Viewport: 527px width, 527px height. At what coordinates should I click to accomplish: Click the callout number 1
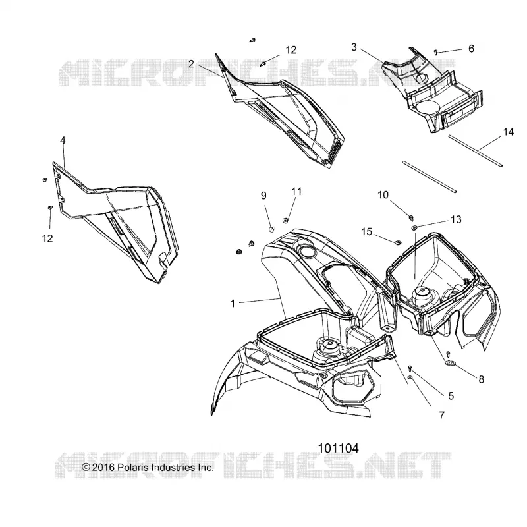[x=233, y=304]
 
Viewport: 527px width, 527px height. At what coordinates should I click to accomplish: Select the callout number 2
[x=191, y=64]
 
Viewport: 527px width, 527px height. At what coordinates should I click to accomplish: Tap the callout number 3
[x=354, y=47]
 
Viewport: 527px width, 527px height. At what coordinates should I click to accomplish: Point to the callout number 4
[x=63, y=140]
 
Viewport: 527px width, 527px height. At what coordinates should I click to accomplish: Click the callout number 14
[x=508, y=132]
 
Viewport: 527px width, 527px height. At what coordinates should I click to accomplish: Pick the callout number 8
[x=482, y=379]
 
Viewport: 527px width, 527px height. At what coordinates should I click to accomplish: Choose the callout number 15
[x=367, y=232]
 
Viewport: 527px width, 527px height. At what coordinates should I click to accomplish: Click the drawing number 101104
[x=338, y=448]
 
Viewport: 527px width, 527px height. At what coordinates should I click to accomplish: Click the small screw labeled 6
[x=436, y=52]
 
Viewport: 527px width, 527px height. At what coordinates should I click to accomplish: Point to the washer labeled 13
[x=414, y=228]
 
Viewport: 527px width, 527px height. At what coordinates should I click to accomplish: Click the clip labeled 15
[x=398, y=242]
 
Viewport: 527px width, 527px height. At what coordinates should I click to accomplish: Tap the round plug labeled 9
[x=271, y=229]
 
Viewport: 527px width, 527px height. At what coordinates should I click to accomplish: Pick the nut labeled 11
[x=285, y=221]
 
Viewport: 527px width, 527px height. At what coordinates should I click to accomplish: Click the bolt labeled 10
[x=410, y=218]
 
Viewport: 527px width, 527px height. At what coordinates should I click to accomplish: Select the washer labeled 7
[x=410, y=377]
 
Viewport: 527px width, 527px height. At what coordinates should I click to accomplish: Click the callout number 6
[x=471, y=49]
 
